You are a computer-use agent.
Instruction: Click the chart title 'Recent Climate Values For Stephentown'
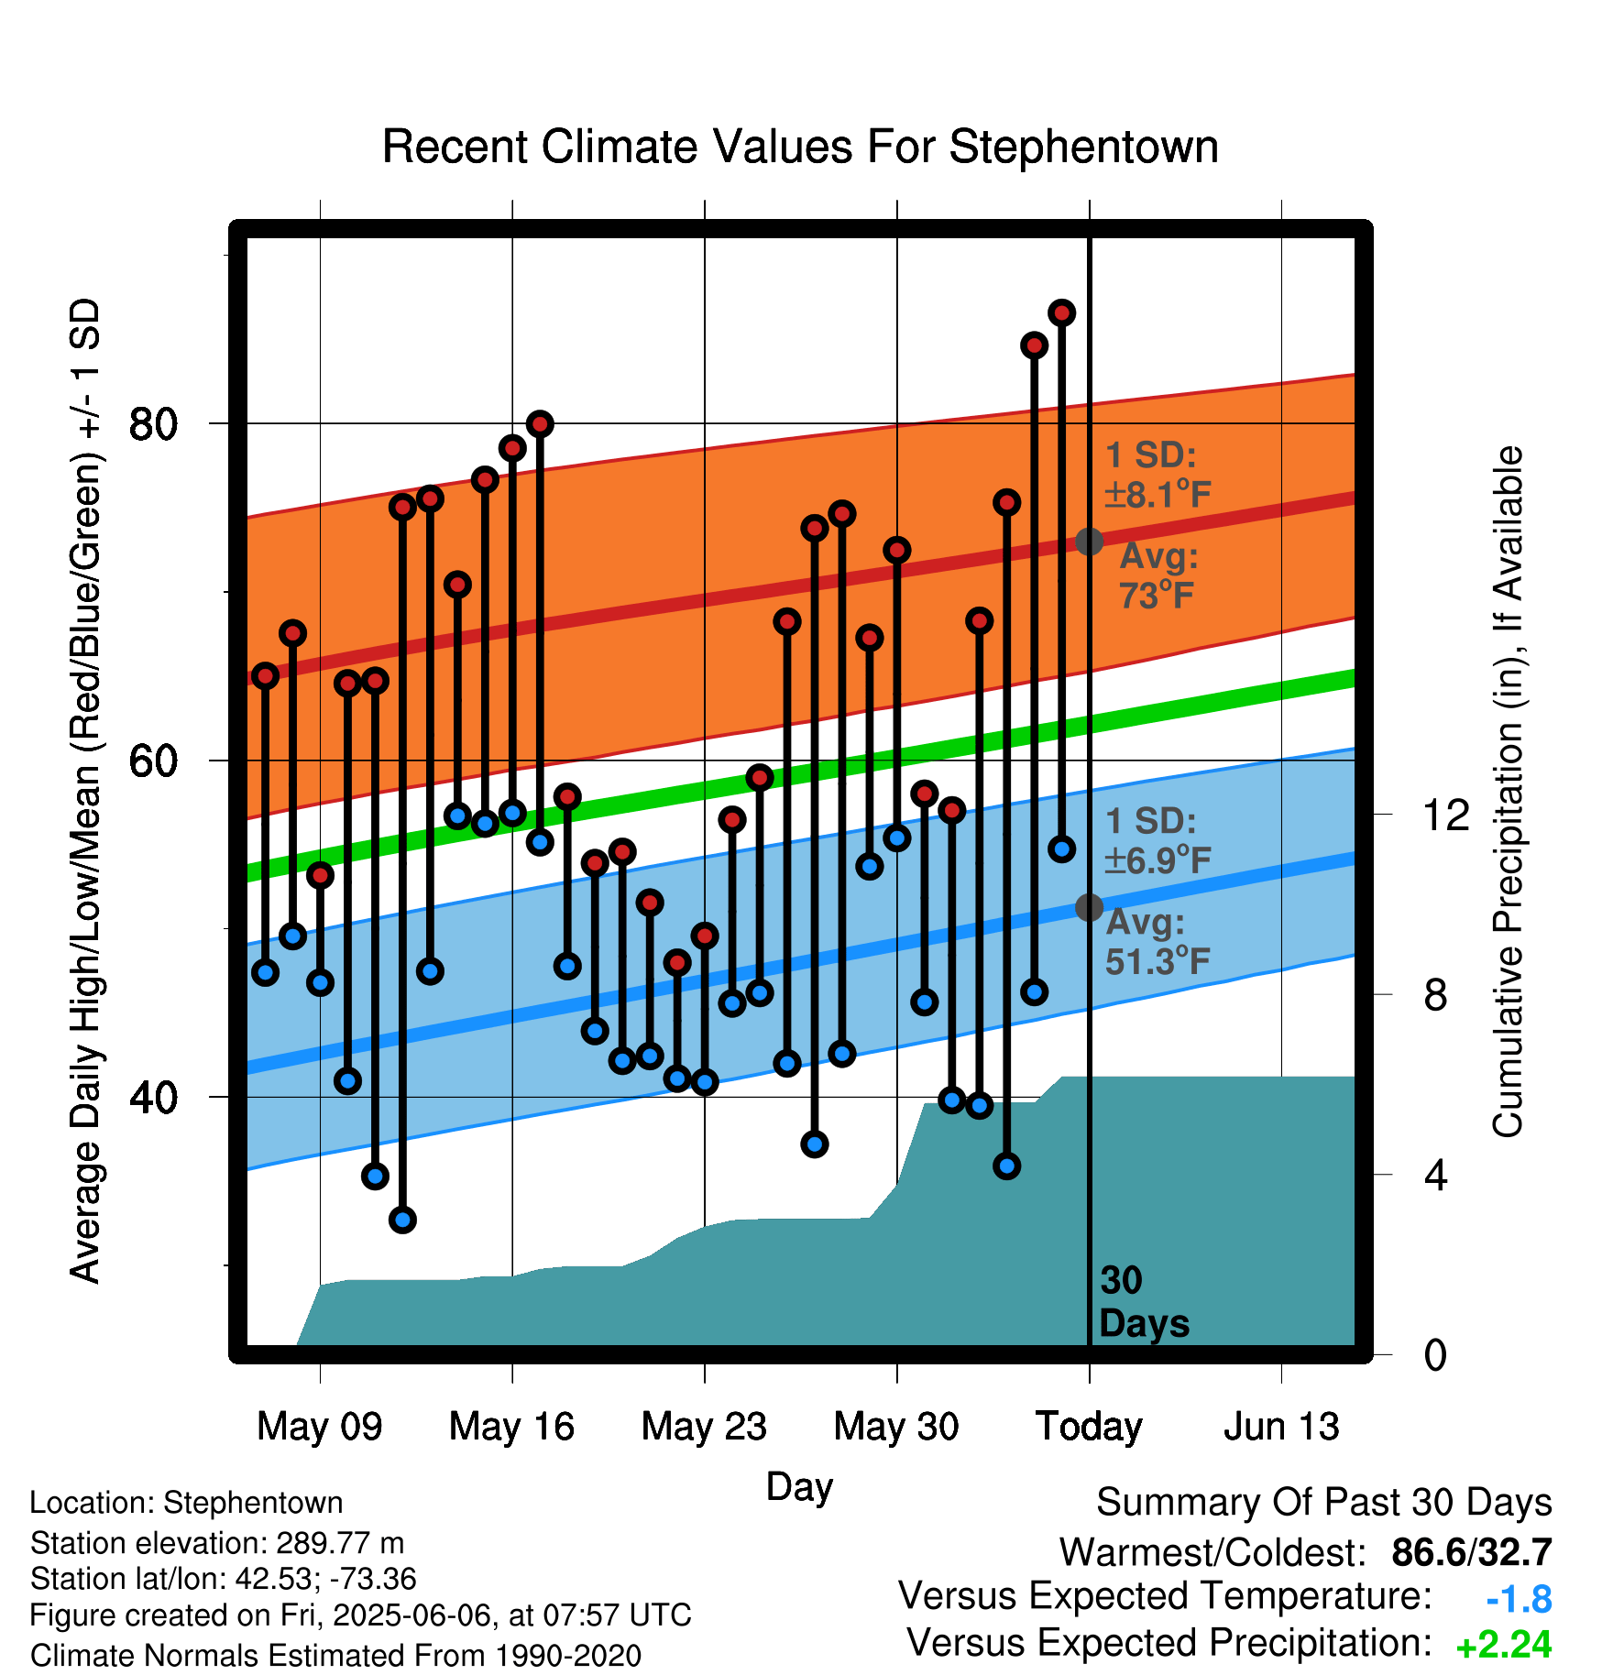(800, 147)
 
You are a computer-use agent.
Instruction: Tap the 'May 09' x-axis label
(319, 1427)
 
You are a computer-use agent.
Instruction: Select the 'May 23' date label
(704, 1427)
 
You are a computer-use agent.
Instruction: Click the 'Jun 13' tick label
(1281, 1427)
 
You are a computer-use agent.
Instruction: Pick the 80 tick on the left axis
(153, 424)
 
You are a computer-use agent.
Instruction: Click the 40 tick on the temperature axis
(153, 1097)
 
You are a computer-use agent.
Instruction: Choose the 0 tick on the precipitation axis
(1435, 1354)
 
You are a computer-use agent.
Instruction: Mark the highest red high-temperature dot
(1062, 312)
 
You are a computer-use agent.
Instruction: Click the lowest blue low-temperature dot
(402, 1220)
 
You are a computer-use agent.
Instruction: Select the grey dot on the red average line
(1089, 542)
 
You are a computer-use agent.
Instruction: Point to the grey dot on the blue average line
(1089, 907)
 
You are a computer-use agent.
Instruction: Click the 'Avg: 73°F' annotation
(1158, 575)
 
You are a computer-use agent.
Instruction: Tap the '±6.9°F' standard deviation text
(1158, 859)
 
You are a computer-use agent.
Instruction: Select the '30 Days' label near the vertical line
(1144, 1302)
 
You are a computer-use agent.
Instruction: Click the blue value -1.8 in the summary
(1519, 1600)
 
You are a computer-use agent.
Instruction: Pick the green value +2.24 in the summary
(1504, 1646)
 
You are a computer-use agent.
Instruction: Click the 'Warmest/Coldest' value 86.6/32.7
(1472, 1552)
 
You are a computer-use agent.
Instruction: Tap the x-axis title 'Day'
(799, 1487)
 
